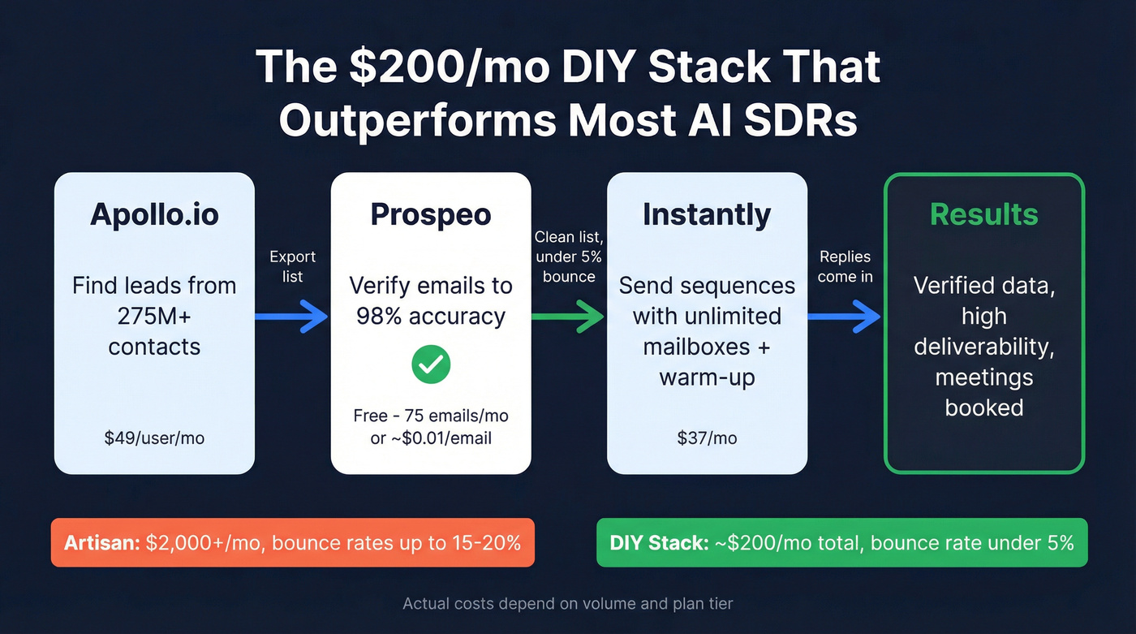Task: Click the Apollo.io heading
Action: (x=154, y=214)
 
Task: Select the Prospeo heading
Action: (x=431, y=214)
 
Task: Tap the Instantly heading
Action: (x=707, y=214)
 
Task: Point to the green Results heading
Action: (x=983, y=214)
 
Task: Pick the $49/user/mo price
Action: (x=154, y=438)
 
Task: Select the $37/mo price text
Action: (x=707, y=438)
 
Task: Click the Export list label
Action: (x=292, y=266)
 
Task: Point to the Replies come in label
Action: (x=845, y=266)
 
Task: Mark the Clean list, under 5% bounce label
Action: (x=568, y=256)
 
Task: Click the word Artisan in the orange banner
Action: (x=101, y=542)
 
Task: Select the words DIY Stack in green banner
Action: (x=658, y=542)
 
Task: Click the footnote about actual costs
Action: (x=568, y=604)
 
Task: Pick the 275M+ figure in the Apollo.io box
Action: (x=154, y=316)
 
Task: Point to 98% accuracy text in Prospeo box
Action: (x=431, y=316)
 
